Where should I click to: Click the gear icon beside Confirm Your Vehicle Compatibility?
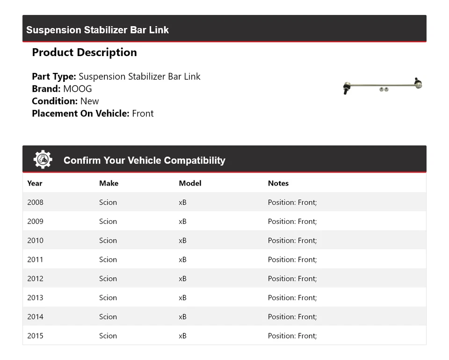[x=43, y=160]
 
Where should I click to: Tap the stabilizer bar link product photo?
[x=383, y=86]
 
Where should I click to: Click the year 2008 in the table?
[x=35, y=202]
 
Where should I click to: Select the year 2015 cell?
[x=35, y=336]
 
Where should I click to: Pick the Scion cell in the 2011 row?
[x=108, y=259]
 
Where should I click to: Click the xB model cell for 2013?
[x=182, y=298]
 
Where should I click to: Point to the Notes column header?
[x=278, y=183]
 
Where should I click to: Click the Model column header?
[x=190, y=183]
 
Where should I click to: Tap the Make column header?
[x=109, y=183]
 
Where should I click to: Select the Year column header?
[x=35, y=183]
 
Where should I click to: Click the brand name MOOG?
[x=78, y=89]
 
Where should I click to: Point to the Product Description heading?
[x=84, y=52]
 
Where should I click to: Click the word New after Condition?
[x=89, y=101]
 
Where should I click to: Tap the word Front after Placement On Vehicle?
[x=143, y=113]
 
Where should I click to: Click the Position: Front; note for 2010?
[x=292, y=240]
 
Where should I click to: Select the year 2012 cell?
[x=35, y=279]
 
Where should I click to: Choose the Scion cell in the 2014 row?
[x=108, y=317]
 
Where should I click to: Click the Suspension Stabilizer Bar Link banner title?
[x=97, y=30]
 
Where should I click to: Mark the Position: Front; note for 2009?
[x=292, y=221]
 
